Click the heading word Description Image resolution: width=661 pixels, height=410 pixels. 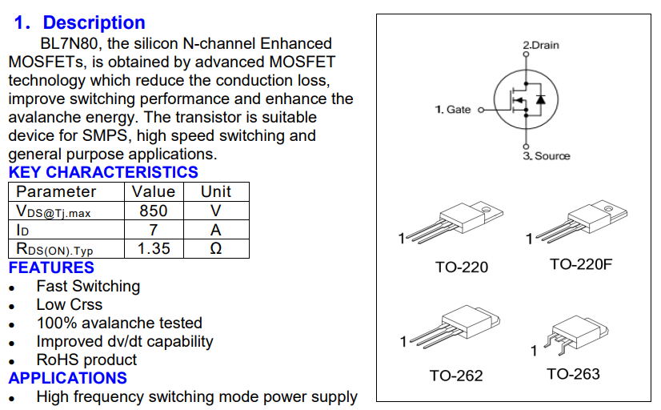[x=94, y=23]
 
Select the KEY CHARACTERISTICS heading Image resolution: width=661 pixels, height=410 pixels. [x=103, y=172]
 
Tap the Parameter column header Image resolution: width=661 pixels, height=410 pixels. [x=56, y=191]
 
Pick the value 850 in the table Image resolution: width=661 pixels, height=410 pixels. [x=154, y=211]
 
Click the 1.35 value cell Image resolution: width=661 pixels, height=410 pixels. [x=154, y=248]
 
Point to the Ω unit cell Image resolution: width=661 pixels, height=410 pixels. [x=215, y=248]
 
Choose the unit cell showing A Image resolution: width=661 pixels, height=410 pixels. [x=215, y=230]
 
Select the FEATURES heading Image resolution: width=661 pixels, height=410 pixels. [x=51, y=267]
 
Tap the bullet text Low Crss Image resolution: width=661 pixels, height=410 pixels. [x=70, y=304]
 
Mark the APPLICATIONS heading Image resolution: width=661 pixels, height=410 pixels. [x=68, y=378]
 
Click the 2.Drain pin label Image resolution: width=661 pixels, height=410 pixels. [x=541, y=45]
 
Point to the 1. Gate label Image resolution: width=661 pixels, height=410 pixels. [x=453, y=110]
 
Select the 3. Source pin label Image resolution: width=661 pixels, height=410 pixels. [x=547, y=155]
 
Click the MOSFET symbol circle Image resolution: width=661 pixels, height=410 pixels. [x=524, y=100]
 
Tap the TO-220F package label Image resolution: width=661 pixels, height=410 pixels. [x=580, y=264]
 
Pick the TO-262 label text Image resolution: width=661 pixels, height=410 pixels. [x=456, y=375]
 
